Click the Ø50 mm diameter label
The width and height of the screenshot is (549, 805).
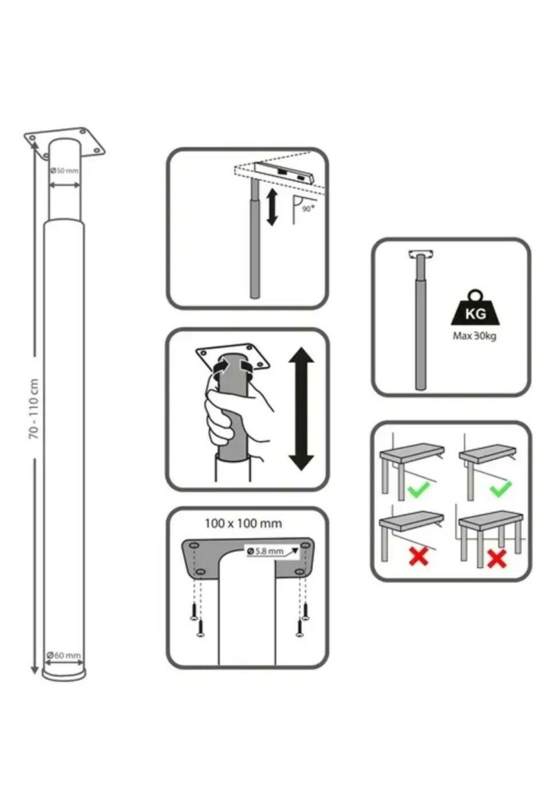click(x=65, y=171)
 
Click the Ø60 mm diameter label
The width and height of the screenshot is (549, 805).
click(x=64, y=655)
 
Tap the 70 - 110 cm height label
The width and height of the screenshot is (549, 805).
click(x=34, y=408)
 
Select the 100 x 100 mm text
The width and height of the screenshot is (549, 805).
click(x=243, y=523)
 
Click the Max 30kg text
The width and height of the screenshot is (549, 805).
click(x=474, y=336)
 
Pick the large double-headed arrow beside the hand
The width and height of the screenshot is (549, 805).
click(x=301, y=408)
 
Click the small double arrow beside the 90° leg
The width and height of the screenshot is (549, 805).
click(x=272, y=208)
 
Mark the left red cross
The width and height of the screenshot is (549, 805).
click(x=418, y=556)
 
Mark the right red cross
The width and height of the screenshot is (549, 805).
click(x=497, y=558)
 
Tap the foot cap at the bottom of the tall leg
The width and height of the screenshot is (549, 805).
click(x=64, y=674)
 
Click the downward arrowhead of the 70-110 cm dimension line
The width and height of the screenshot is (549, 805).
click(x=34, y=670)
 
